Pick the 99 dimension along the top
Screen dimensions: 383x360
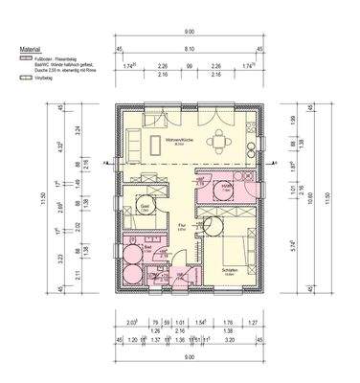(x=190, y=66)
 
